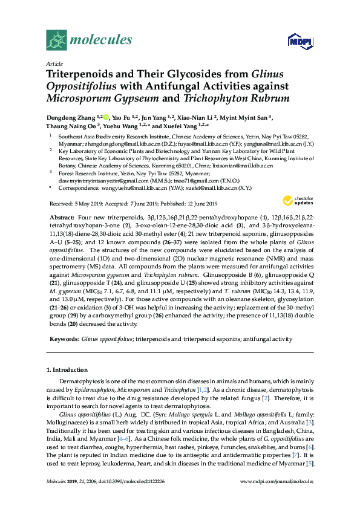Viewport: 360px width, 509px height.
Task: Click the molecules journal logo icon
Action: click(x=56, y=41)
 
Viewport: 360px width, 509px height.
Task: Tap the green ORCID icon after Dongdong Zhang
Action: click(x=106, y=117)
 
